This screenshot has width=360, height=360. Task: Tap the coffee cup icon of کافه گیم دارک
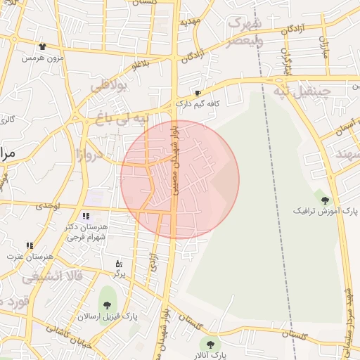pos(198,93)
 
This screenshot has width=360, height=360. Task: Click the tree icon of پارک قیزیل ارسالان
pos(106,305)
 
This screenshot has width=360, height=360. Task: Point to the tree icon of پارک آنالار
pos(210,344)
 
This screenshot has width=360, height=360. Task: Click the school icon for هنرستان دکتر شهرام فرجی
pos(86,216)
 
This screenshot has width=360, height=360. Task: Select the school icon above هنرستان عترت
pos(30,245)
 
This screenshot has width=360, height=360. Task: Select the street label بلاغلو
pos(141,65)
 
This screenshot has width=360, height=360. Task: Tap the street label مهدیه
pos(191,22)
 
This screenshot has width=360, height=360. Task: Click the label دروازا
pos(89,153)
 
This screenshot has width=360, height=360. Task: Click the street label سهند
pos(347,153)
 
